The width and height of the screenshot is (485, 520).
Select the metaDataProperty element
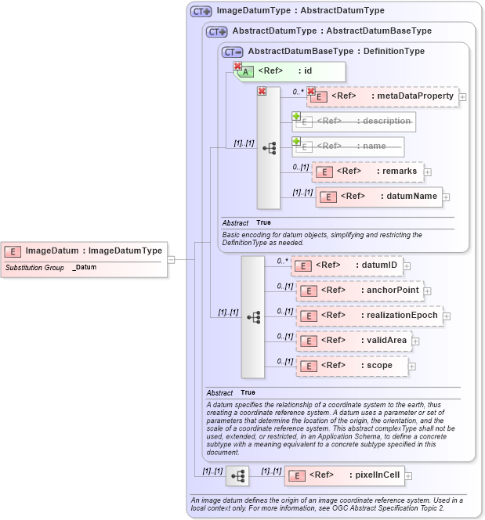pos(383,96)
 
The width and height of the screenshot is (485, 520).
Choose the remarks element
pos(368,172)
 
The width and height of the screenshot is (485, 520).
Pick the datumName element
pos(380,197)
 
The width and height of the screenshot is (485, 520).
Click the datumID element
pos(347,265)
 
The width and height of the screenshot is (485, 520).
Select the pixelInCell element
pos(345,475)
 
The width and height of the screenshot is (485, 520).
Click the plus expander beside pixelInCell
pos(408,475)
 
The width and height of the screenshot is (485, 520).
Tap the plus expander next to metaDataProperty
pos(463,97)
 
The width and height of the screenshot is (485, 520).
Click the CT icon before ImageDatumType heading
pos(202,11)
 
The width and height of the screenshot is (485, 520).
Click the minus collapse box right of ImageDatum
pos(171,259)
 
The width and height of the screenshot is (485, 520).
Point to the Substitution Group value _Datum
pos(85,268)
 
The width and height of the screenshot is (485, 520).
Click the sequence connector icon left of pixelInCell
pos(237,475)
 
